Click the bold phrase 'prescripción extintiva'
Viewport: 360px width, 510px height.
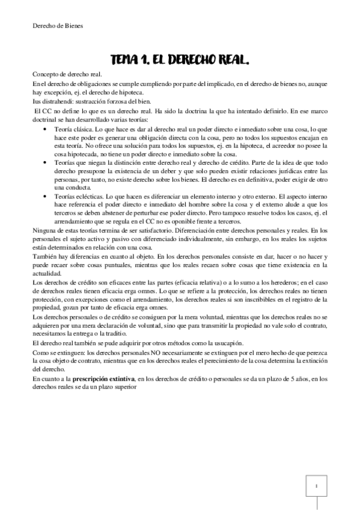[102, 379]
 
